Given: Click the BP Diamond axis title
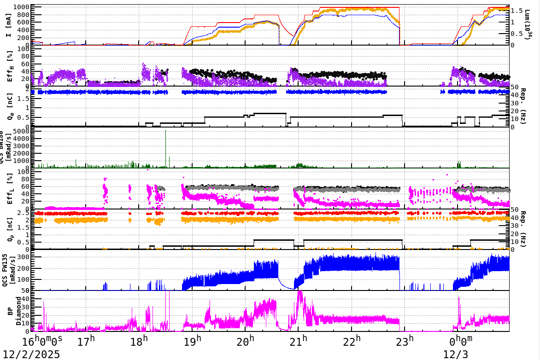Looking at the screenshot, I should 13,311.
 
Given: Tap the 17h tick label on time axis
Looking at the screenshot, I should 86,342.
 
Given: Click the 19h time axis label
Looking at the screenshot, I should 192,342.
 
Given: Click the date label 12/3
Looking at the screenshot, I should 455,354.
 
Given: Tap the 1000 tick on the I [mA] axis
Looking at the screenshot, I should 21,7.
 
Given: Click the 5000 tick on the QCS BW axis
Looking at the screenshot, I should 21,131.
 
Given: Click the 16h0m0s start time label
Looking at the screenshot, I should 42,342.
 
